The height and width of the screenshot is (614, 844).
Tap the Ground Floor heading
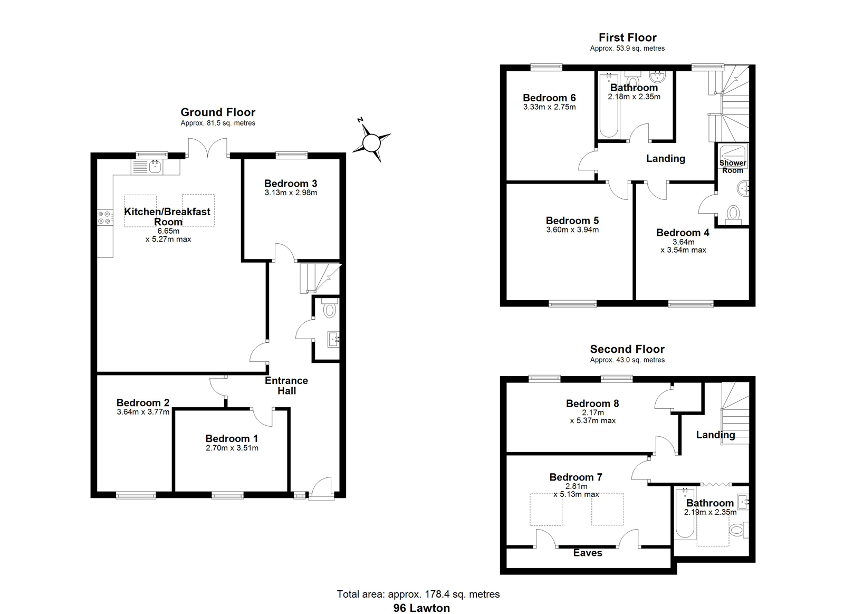[x=218, y=112]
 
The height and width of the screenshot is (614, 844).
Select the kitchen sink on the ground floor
[x=155, y=166]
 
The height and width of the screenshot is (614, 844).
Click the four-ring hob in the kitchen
[x=105, y=217]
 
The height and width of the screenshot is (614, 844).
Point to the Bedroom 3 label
[x=291, y=184]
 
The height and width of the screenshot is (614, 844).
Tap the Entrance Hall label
[x=286, y=386]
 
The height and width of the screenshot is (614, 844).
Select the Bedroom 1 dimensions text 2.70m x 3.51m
[x=232, y=448]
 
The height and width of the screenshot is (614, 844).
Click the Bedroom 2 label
[x=143, y=402]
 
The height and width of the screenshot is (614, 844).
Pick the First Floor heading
[x=627, y=37]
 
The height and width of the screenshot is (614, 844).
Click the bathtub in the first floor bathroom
[x=609, y=105]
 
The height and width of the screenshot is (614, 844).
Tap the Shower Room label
[x=733, y=167]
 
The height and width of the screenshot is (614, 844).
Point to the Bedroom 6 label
[x=549, y=98]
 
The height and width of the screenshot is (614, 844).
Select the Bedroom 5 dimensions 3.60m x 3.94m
[x=572, y=230]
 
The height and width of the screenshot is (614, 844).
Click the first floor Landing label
[x=666, y=159]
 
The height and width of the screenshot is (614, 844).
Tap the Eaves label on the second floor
[x=588, y=553]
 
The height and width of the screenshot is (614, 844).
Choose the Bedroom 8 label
[x=592, y=404]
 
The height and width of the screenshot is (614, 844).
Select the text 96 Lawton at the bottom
[x=421, y=608]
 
